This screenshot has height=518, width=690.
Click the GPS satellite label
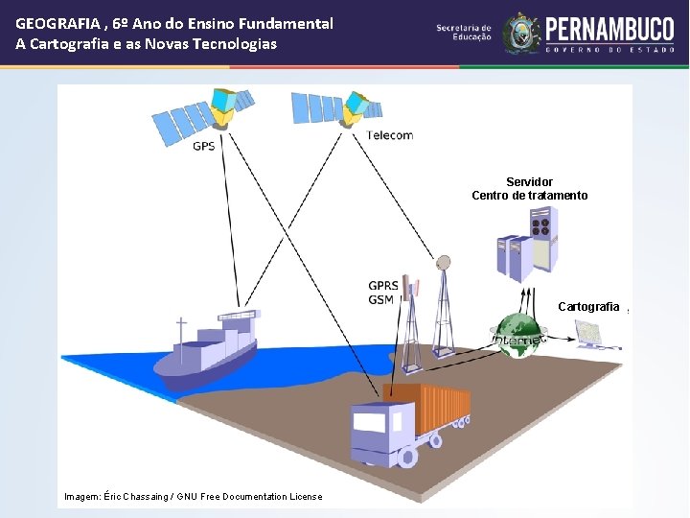click(204, 146)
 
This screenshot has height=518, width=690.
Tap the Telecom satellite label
click(390, 135)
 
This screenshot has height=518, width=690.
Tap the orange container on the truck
click(427, 407)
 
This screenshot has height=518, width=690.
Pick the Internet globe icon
click(519, 335)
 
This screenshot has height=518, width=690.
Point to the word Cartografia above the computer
click(588, 307)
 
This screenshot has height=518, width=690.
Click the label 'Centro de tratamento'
click(530, 196)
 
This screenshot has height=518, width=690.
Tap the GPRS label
click(384, 286)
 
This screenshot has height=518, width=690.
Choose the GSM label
click(380, 300)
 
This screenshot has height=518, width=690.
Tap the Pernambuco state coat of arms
click(522, 34)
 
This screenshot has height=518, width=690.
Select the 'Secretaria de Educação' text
click(463, 33)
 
